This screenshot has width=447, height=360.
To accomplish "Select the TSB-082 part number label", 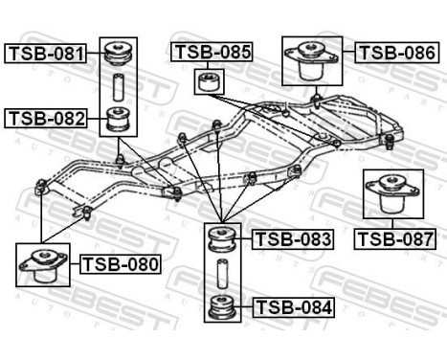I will [45, 118].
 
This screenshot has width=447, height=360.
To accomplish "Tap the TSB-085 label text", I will [211, 52].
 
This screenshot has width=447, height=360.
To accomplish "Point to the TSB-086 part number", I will [394, 52].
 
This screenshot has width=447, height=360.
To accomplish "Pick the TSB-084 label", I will [293, 308].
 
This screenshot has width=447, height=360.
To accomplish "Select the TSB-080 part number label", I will [120, 262].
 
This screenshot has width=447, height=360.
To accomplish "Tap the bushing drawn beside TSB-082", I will [119, 120].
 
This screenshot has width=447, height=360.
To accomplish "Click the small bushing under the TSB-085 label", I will [207, 80].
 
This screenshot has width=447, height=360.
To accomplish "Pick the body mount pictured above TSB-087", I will [390, 195].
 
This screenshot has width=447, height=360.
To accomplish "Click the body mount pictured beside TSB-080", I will [44, 265].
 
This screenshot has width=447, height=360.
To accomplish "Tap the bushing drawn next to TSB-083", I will [224, 239].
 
